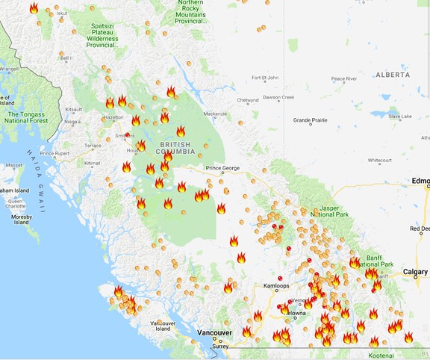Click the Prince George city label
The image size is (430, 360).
222,168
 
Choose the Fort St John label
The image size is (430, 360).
264,78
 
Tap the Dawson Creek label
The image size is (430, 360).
278,97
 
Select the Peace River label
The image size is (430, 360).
343,78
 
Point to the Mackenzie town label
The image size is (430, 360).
215,114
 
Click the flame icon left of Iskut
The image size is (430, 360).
34,8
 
